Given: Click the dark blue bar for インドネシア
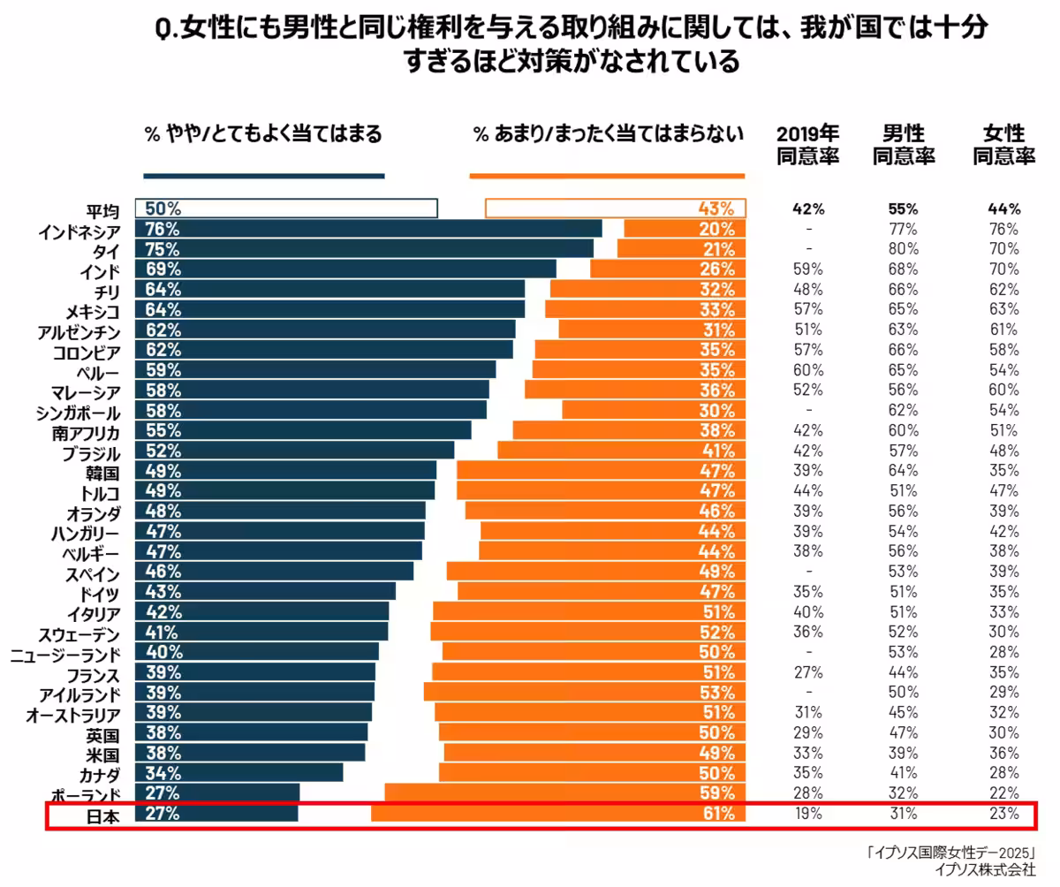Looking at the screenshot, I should (x=368, y=229).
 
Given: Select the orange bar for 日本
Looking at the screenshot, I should (x=558, y=814).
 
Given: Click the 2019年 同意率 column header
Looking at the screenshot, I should (x=807, y=146).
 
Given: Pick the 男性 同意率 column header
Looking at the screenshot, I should (x=904, y=146).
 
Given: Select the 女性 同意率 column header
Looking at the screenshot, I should (x=1003, y=146).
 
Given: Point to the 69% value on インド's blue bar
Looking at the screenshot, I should (x=163, y=269).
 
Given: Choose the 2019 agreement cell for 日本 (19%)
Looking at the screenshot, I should (x=807, y=814).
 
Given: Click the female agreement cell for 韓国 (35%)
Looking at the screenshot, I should (x=1004, y=471).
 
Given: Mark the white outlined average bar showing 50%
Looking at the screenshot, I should (x=286, y=208).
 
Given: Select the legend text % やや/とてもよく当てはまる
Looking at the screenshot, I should (x=263, y=134).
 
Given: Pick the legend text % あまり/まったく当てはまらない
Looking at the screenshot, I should (x=608, y=134).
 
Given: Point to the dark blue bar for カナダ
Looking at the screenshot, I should (x=238, y=773).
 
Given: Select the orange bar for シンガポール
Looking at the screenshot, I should (x=654, y=410).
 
